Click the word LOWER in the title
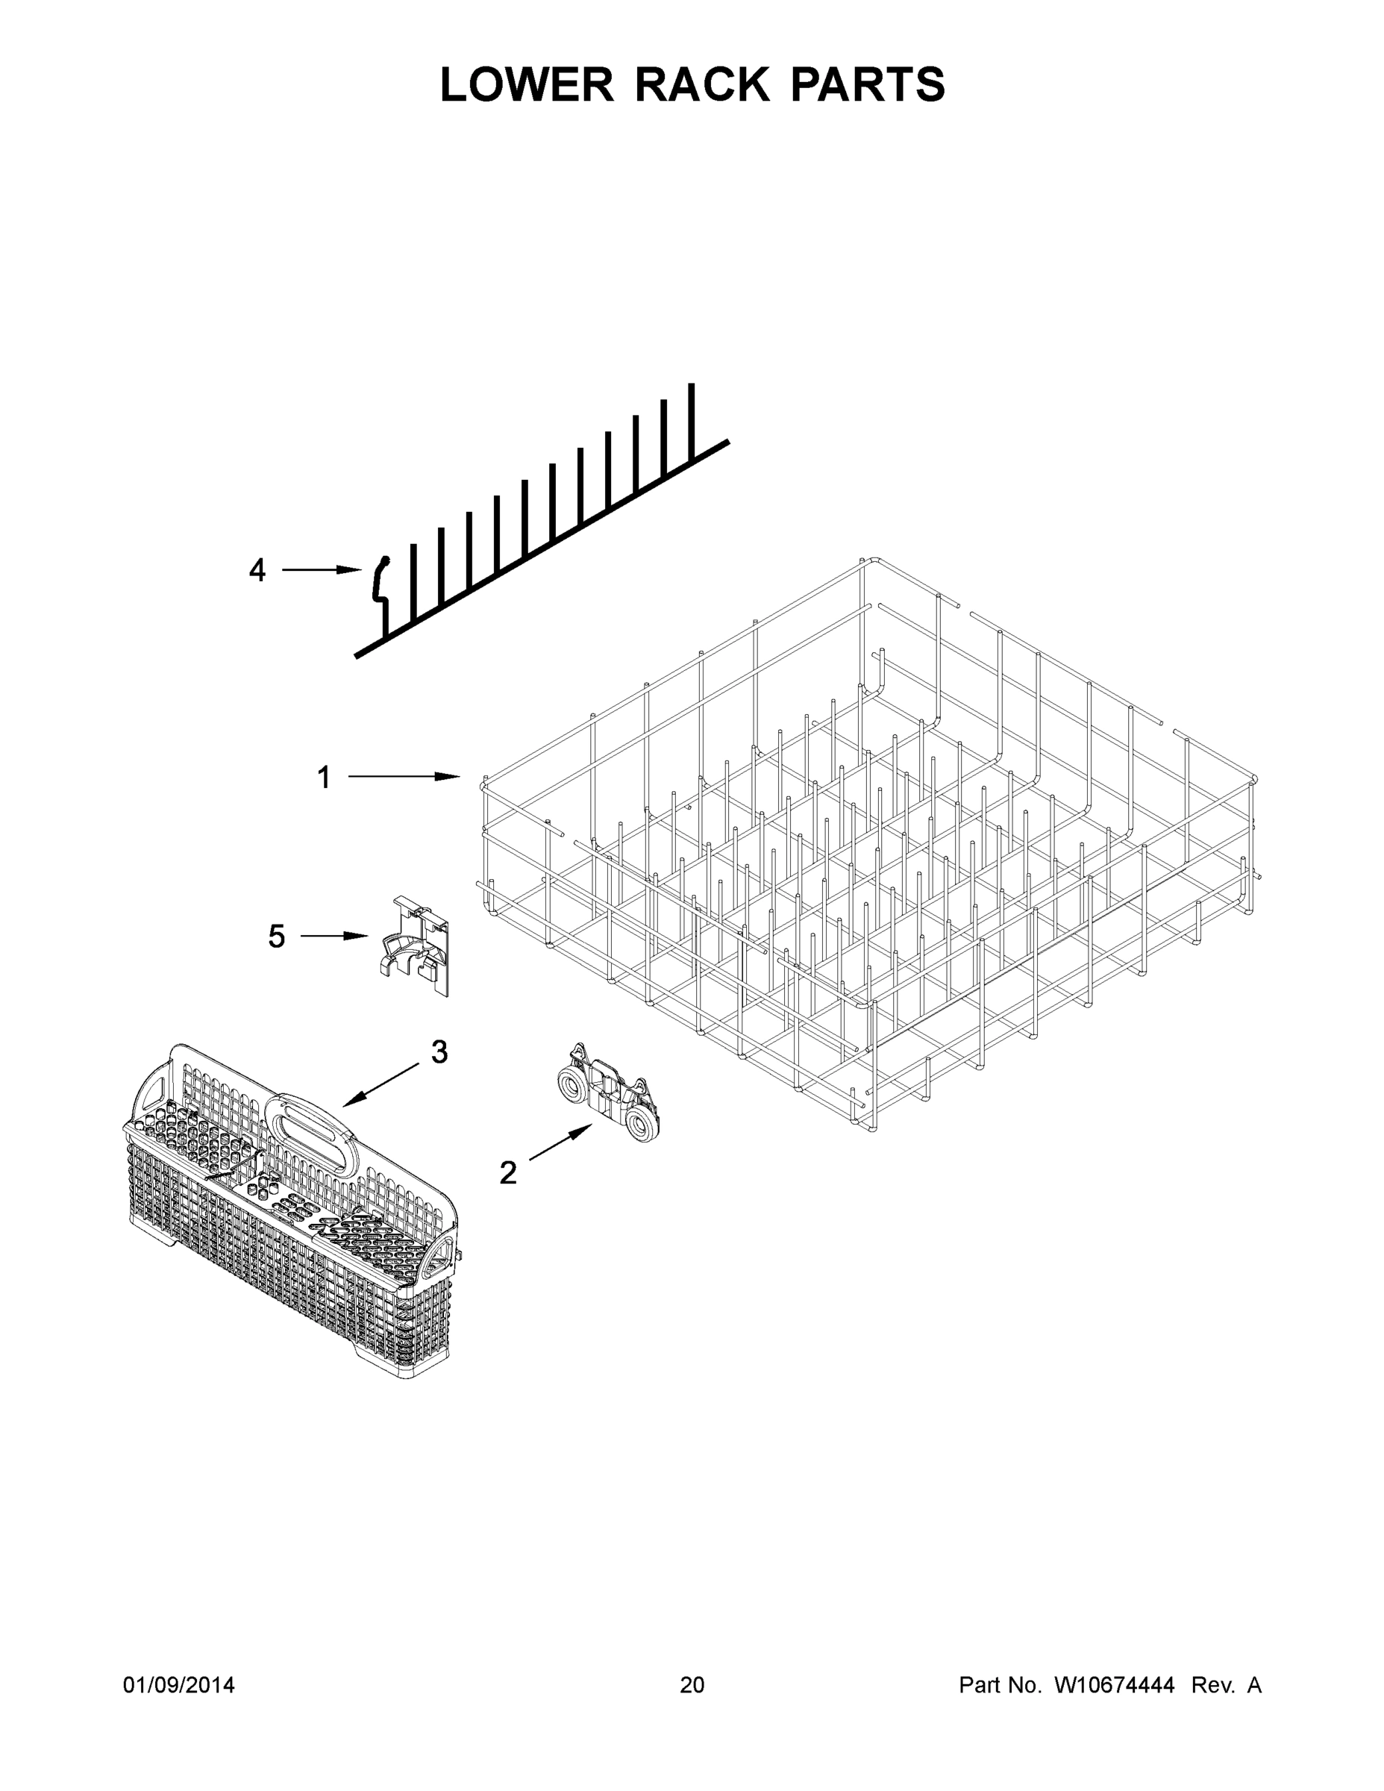[x=527, y=84]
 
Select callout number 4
[x=257, y=570]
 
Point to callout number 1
[x=324, y=777]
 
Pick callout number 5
[x=276, y=936]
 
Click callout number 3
[x=439, y=1052]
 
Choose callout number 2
[x=508, y=1172]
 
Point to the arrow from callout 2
[x=561, y=1143]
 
